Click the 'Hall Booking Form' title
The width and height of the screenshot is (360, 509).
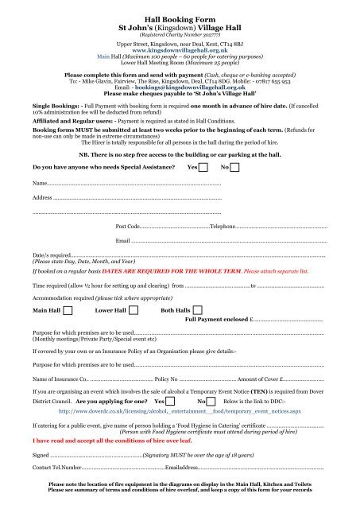(179, 16)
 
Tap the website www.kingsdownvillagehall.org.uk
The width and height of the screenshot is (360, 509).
(179, 50)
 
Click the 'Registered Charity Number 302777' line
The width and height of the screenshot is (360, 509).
(179, 36)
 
